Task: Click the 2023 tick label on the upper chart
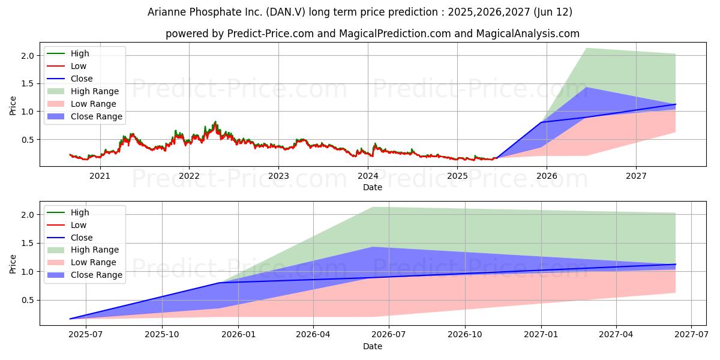(278, 176)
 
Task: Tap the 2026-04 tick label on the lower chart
(313, 335)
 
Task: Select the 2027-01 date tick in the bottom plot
(541, 335)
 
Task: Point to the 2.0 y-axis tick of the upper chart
(28, 56)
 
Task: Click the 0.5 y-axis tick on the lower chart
(28, 300)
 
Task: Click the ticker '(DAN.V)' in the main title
(286, 12)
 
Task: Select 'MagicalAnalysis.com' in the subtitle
(528, 34)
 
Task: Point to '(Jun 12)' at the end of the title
(553, 12)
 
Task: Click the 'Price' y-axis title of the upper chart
(13, 106)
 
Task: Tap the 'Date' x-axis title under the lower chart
(373, 347)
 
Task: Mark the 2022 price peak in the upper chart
(215, 121)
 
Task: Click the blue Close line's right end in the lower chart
(676, 264)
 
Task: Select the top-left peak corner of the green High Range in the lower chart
(373, 207)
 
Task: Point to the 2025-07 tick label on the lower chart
(86, 335)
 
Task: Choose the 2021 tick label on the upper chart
(100, 176)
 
